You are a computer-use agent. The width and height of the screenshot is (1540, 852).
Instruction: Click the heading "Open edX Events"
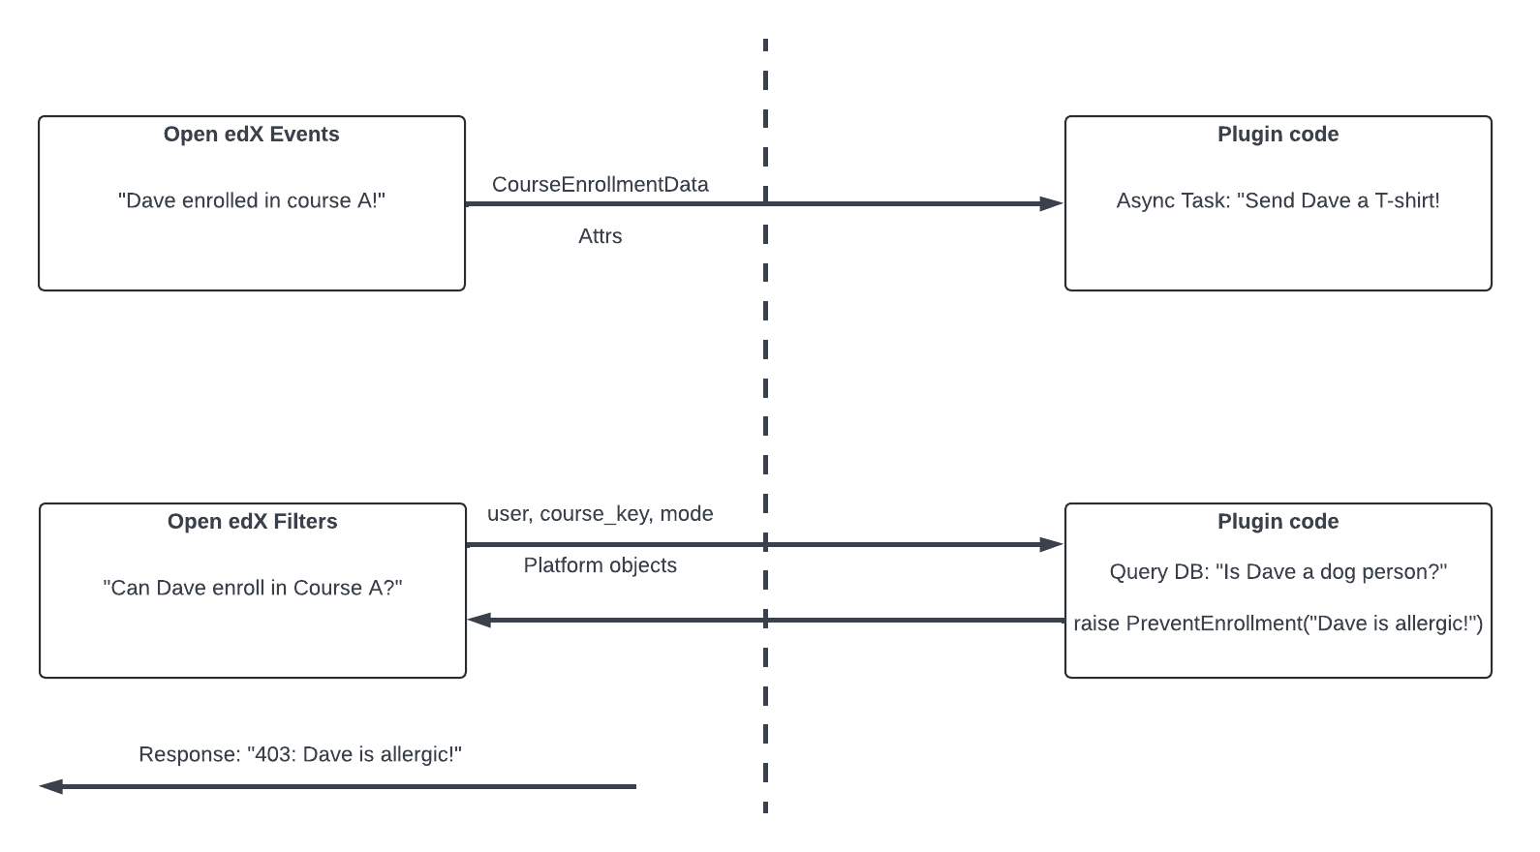(x=251, y=135)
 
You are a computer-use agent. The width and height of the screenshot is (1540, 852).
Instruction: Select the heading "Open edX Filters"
(x=252, y=522)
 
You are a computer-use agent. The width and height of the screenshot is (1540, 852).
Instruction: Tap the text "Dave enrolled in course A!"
(x=252, y=200)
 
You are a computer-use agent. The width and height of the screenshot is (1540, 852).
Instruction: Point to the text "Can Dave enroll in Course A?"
(x=252, y=588)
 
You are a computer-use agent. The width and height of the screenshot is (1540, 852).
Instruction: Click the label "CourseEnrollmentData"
(x=600, y=185)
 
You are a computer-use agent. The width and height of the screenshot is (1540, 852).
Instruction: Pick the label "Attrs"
(x=600, y=236)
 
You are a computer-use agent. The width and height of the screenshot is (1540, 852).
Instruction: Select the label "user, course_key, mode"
(x=600, y=514)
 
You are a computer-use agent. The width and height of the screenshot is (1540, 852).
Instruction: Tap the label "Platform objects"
(x=600, y=565)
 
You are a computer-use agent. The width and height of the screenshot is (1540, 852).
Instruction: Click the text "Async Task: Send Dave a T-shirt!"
(x=1278, y=200)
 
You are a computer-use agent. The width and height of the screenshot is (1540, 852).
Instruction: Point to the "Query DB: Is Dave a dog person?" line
(x=1278, y=572)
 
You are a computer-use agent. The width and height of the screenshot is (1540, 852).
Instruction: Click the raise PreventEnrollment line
(x=1278, y=624)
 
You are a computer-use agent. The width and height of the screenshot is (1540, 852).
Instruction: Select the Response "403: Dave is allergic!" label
(x=300, y=754)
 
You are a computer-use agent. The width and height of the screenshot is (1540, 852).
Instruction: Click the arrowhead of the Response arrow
(x=51, y=786)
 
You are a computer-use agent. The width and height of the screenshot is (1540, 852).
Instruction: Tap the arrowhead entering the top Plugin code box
(x=1051, y=203)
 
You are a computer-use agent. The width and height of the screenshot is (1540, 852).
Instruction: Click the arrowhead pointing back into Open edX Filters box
(x=479, y=620)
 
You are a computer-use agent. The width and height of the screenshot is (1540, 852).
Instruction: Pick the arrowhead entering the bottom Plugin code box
(x=1051, y=544)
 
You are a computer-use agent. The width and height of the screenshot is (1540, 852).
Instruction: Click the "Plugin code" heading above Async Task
(x=1278, y=135)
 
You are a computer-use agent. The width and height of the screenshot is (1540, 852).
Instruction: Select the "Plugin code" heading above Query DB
(x=1278, y=522)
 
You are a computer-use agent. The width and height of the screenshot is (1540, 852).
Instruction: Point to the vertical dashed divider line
(x=765, y=407)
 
